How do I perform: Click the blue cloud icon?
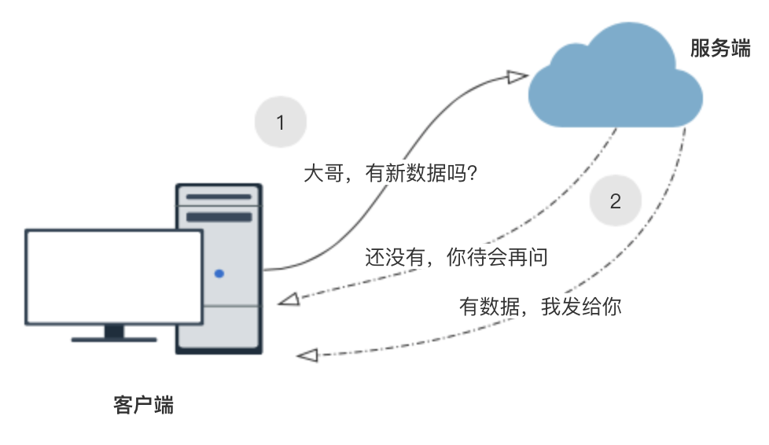pos(614,83)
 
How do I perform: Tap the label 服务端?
pos(719,49)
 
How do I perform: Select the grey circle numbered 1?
pos(280,123)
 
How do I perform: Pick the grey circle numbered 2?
pos(615,201)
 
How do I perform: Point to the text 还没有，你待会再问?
pos(456,257)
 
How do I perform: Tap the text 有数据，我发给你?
pos(540,306)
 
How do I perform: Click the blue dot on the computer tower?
pos(219,274)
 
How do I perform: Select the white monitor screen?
pos(114,276)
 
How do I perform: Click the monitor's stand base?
pos(114,340)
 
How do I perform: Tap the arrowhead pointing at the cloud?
pos(517,76)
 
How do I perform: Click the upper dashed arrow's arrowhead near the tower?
pos(289,300)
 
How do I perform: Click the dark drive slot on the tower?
pos(219,216)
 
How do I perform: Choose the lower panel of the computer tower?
pos(219,329)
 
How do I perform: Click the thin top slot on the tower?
pos(219,197)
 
